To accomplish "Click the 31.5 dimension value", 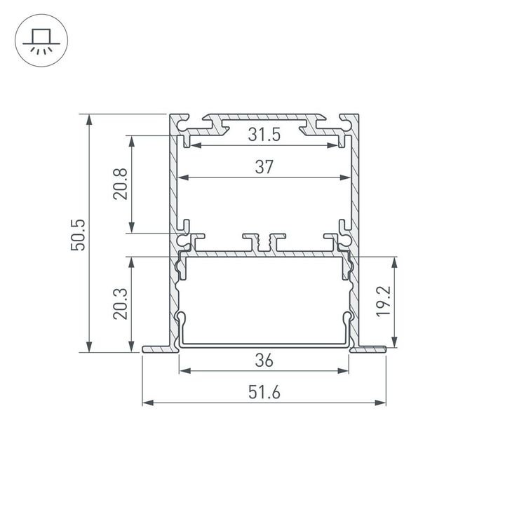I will point(264,135).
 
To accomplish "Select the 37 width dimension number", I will point(264,167).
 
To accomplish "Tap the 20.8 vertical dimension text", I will point(120,183).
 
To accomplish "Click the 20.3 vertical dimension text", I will point(120,304).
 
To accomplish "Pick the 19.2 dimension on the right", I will point(384,302).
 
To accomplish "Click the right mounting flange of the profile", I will point(370,349).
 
